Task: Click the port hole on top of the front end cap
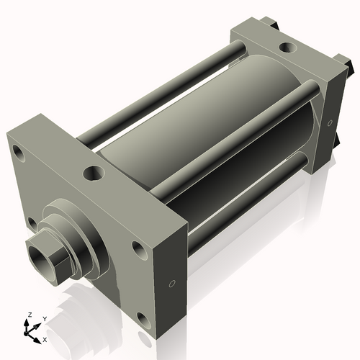pyautogui.click(x=94, y=173)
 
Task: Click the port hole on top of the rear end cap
pyautogui.click(x=287, y=48)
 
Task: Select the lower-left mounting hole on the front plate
pyautogui.click(x=31, y=222)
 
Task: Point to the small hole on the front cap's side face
pyautogui.click(x=171, y=283)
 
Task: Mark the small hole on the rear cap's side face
pyautogui.click(x=330, y=124)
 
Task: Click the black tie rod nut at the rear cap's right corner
pyautogui.click(x=348, y=67)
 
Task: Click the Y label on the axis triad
pyautogui.click(x=45, y=318)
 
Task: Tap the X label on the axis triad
pyautogui.click(x=45, y=338)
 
